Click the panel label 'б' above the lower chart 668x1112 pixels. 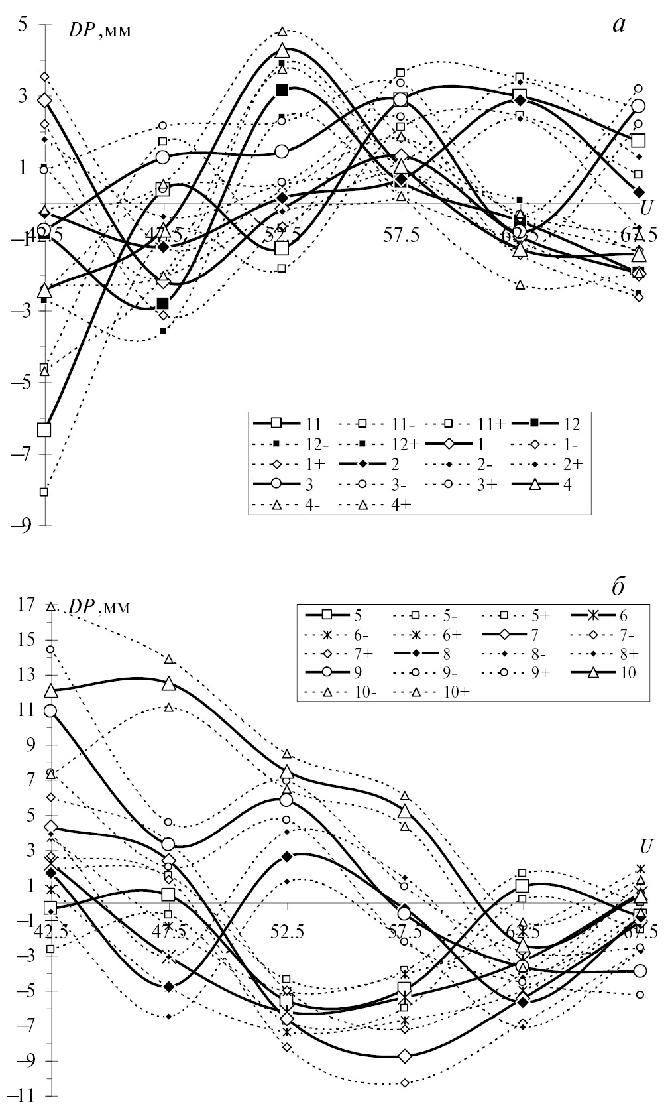(618, 587)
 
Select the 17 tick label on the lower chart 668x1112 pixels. (27, 605)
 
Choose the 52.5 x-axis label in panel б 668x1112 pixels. (287, 933)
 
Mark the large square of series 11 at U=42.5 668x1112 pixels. (44, 430)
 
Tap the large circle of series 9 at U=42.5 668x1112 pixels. (50, 711)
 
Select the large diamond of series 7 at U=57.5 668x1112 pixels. (405, 1056)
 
